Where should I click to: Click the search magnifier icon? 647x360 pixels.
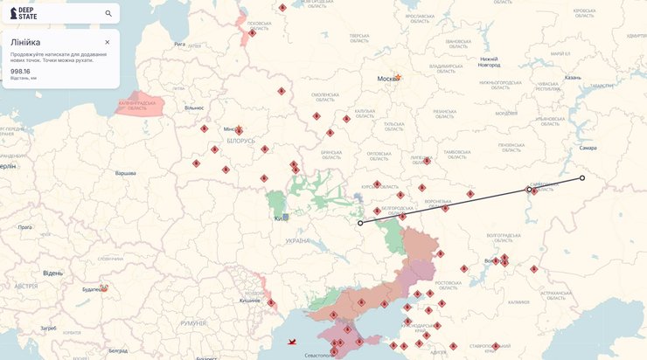click(x=108, y=14)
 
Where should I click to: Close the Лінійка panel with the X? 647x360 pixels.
click(x=108, y=42)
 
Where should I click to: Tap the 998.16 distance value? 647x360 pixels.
click(x=21, y=71)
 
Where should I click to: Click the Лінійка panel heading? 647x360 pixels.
click(x=25, y=42)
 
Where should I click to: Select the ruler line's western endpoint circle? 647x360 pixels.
click(x=360, y=223)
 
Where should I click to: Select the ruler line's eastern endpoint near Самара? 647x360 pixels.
click(x=582, y=178)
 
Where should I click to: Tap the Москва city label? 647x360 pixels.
click(x=386, y=79)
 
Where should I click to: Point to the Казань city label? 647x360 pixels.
click(x=573, y=77)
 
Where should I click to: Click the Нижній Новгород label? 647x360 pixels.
click(x=489, y=62)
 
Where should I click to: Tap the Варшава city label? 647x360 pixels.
click(x=126, y=173)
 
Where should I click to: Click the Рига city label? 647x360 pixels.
click(x=179, y=44)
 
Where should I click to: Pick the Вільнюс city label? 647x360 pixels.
click(x=193, y=107)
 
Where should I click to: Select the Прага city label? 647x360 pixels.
click(x=24, y=227)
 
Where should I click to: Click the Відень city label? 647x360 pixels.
click(x=52, y=273)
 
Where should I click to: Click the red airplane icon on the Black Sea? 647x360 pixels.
click(x=292, y=342)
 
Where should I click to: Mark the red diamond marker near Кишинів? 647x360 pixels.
click(x=271, y=302)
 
